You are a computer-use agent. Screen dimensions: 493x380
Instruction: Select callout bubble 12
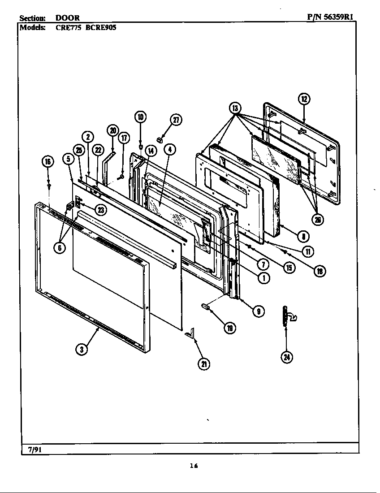pyautogui.click(x=304, y=99)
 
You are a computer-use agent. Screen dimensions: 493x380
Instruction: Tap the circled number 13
pyautogui.click(x=235, y=108)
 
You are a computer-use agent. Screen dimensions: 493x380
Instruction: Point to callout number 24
pyautogui.click(x=286, y=357)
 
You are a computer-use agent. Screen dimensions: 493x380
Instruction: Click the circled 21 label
pyautogui.click(x=204, y=364)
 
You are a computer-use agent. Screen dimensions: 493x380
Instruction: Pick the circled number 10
pyautogui.click(x=140, y=117)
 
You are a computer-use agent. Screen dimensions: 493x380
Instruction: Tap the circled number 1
pyautogui.click(x=264, y=277)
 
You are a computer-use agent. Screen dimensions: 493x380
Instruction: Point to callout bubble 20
pyautogui.click(x=112, y=130)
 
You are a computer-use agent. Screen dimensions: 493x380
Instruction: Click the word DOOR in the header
pyautogui.click(x=68, y=18)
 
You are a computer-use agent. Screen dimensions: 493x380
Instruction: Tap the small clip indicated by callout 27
pyautogui.click(x=159, y=139)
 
